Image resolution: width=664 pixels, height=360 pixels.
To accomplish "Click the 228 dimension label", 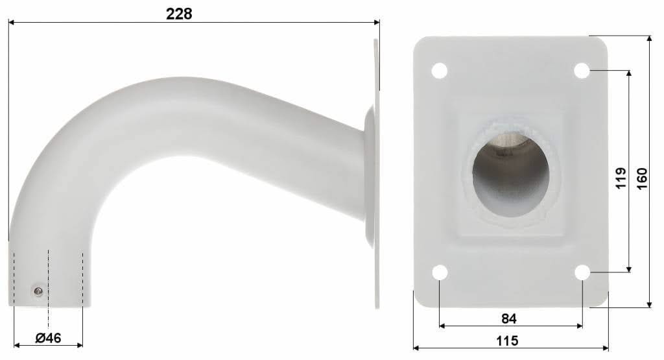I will coord(179,14).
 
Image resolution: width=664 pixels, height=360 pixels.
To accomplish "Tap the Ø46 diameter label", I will coord(48,338).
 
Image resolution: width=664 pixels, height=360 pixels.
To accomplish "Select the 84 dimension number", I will coord(509,318).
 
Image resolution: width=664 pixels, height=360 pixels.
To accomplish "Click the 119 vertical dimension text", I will coord(620,178).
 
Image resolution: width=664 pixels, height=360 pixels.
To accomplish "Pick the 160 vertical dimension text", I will coord(641,178).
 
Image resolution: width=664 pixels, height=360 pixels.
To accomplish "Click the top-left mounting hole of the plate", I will coord(440,69).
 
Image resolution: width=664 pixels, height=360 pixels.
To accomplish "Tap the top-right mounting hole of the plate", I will coord(582,69).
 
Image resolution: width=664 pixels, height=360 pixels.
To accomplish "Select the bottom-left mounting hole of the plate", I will coord(440,272).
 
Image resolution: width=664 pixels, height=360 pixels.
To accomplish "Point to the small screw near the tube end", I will coord(39,291).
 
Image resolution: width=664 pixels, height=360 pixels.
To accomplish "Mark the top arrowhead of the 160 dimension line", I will coord(650,40).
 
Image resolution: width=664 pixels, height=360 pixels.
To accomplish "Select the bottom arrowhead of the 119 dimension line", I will coord(628,269).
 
